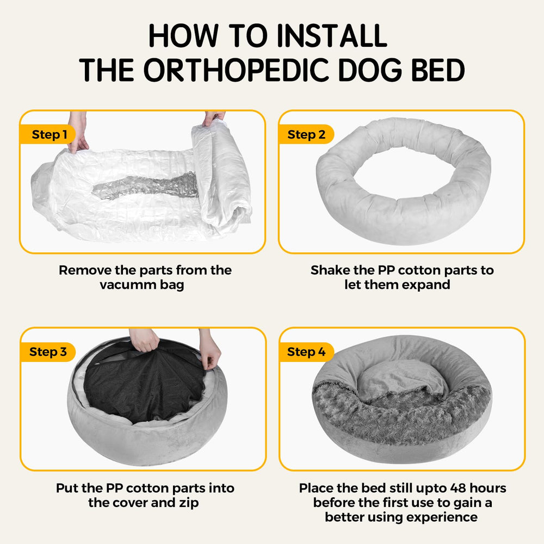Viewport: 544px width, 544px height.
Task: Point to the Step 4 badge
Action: (306, 352)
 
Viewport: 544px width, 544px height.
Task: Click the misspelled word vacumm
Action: (123, 285)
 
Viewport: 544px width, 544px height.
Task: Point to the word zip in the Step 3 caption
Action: (188, 502)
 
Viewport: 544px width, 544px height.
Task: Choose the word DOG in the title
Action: (368, 71)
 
